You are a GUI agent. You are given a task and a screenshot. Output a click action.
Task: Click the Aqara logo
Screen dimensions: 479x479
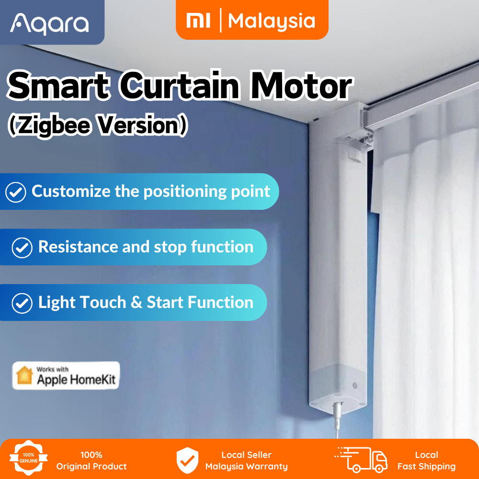coord(49,24)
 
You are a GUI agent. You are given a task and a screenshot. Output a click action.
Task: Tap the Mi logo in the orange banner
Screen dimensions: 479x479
coord(198,21)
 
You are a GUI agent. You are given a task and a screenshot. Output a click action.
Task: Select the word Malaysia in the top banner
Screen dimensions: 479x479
coord(272,21)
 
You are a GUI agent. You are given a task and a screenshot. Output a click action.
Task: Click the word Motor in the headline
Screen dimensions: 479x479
coord(301,86)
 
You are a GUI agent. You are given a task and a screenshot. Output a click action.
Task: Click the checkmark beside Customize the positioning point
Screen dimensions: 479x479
coord(16,192)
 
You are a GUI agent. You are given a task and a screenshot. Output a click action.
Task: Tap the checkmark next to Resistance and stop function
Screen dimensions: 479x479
coord(22,248)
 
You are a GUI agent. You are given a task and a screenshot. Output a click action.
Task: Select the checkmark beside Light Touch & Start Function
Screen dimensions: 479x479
coord(22,303)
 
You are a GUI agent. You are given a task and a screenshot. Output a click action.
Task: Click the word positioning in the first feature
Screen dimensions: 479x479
coord(185,192)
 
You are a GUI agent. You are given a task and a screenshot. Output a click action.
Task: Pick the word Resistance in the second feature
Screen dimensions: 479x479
coord(78,247)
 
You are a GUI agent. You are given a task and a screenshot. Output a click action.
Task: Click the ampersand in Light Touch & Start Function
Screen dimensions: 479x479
coord(136,303)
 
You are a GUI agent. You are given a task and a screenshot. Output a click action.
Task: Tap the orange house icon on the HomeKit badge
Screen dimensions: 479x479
coord(24,375)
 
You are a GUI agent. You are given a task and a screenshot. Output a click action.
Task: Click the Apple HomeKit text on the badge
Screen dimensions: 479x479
coord(76,380)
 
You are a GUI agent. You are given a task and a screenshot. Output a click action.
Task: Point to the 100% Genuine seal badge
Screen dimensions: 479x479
coord(28,457)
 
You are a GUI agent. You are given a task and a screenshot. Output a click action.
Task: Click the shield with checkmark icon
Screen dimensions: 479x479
coord(187,460)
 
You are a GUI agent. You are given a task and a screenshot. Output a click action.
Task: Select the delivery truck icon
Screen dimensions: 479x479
coord(362,459)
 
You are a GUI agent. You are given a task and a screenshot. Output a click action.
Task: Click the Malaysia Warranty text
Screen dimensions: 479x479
coord(247,467)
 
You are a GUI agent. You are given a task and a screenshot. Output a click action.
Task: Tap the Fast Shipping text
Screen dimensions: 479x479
coord(426,467)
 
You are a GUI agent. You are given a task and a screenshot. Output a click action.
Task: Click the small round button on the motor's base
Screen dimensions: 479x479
coord(355,386)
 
